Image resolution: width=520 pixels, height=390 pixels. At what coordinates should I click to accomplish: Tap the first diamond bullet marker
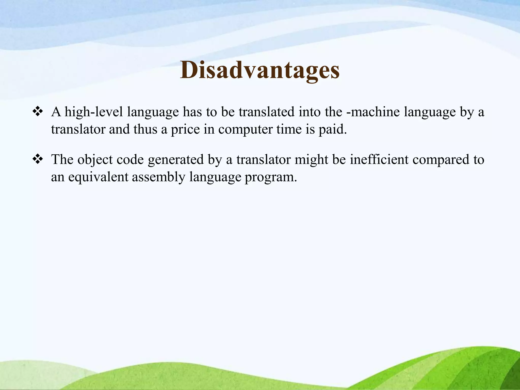tap(38, 111)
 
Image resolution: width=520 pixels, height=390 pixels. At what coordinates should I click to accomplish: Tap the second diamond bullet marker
tap(38, 159)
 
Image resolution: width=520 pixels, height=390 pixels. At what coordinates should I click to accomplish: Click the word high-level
tap(94, 112)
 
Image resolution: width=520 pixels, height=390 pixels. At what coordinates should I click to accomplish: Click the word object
tap(95, 160)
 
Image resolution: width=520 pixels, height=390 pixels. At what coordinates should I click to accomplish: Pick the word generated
tap(176, 160)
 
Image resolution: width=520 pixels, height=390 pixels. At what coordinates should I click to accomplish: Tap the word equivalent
tap(98, 177)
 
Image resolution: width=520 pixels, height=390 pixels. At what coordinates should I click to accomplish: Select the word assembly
tap(159, 177)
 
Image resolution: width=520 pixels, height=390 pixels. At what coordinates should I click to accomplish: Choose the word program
tap(271, 177)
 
